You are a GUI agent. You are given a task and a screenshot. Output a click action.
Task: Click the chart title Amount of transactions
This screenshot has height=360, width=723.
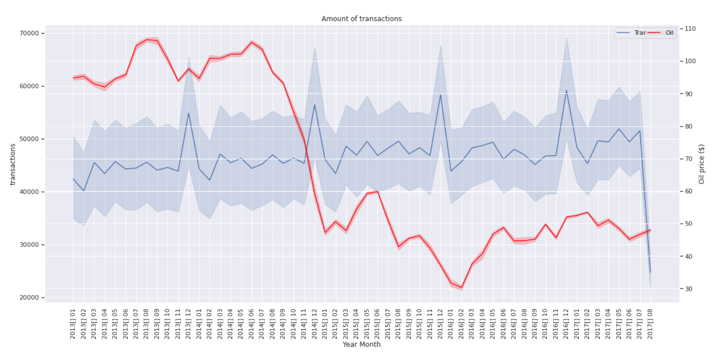click(361, 19)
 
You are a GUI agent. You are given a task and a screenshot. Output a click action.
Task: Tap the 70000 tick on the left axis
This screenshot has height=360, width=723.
click(29, 33)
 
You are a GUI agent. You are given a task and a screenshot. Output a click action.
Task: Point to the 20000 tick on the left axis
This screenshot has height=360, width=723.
click(29, 298)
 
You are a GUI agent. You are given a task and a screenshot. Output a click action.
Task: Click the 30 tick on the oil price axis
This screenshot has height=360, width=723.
click(688, 289)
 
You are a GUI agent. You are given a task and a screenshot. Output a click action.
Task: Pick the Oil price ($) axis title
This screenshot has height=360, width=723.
click(701, 164)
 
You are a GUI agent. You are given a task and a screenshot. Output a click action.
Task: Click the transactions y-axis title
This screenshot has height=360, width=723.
click(12, 164)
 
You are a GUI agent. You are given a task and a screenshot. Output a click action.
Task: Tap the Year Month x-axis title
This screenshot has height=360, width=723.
click(361, 344)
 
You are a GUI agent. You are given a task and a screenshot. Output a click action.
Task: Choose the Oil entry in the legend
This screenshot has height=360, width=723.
click(669, 33)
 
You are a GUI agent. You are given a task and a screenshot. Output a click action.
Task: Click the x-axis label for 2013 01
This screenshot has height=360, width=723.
click(73, 324)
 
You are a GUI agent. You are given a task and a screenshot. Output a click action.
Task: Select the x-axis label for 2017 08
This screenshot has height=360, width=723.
click(650, 324)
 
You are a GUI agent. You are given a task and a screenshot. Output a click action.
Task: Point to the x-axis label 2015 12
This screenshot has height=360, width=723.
click(440, 324)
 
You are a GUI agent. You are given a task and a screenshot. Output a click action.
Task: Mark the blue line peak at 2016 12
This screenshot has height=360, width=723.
click(566, 91)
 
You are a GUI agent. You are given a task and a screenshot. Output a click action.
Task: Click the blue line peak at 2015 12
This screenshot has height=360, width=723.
click(440, 95)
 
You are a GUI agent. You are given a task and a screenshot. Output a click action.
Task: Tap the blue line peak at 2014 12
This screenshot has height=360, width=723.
click(315, 105)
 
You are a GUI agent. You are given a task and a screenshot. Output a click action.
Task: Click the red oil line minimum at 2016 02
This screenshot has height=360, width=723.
click(461, 287)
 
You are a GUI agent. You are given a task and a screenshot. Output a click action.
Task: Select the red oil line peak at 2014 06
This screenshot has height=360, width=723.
click(251, 42)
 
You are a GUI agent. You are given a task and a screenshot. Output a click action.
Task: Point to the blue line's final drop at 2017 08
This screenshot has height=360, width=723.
click(650, 272)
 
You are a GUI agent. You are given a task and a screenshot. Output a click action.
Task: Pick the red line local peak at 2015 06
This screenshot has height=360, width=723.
click(377, 191)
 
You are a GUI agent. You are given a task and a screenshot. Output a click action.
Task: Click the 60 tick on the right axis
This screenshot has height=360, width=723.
click(688, 191)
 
